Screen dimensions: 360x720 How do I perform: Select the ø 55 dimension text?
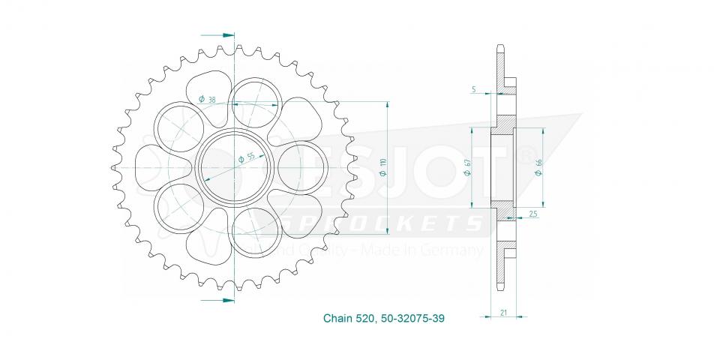click(x=246, y=158)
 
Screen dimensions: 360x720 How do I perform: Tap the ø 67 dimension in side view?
click(x=467, y=167)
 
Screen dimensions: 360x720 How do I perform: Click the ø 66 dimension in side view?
click(x=539, y=166)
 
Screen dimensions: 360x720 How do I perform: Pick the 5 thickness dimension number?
click(x=474, y=89)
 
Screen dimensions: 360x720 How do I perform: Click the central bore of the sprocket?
click(x=235, y=166)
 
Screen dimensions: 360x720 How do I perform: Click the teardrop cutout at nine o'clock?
click(x=152, y=166)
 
